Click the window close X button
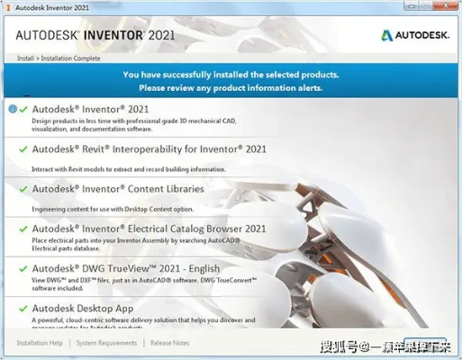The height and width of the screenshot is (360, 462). pos(448,8)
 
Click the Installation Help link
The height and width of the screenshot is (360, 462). pos(40,343)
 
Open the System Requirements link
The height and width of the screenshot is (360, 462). pos(106,343)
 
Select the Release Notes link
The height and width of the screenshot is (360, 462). pos(170,343)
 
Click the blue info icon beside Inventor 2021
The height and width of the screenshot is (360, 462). pos(12,109)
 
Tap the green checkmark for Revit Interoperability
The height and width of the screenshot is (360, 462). pos(23,148)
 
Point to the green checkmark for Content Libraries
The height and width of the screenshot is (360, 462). pos(23,189)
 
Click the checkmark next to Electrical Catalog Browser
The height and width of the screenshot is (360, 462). pos(23,229)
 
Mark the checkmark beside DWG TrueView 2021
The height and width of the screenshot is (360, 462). pos(23,268)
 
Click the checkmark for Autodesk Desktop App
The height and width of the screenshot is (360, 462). pos(23,309)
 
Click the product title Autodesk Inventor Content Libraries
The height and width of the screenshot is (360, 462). pos(118,189)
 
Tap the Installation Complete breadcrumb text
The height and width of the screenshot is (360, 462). pos(71,58)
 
